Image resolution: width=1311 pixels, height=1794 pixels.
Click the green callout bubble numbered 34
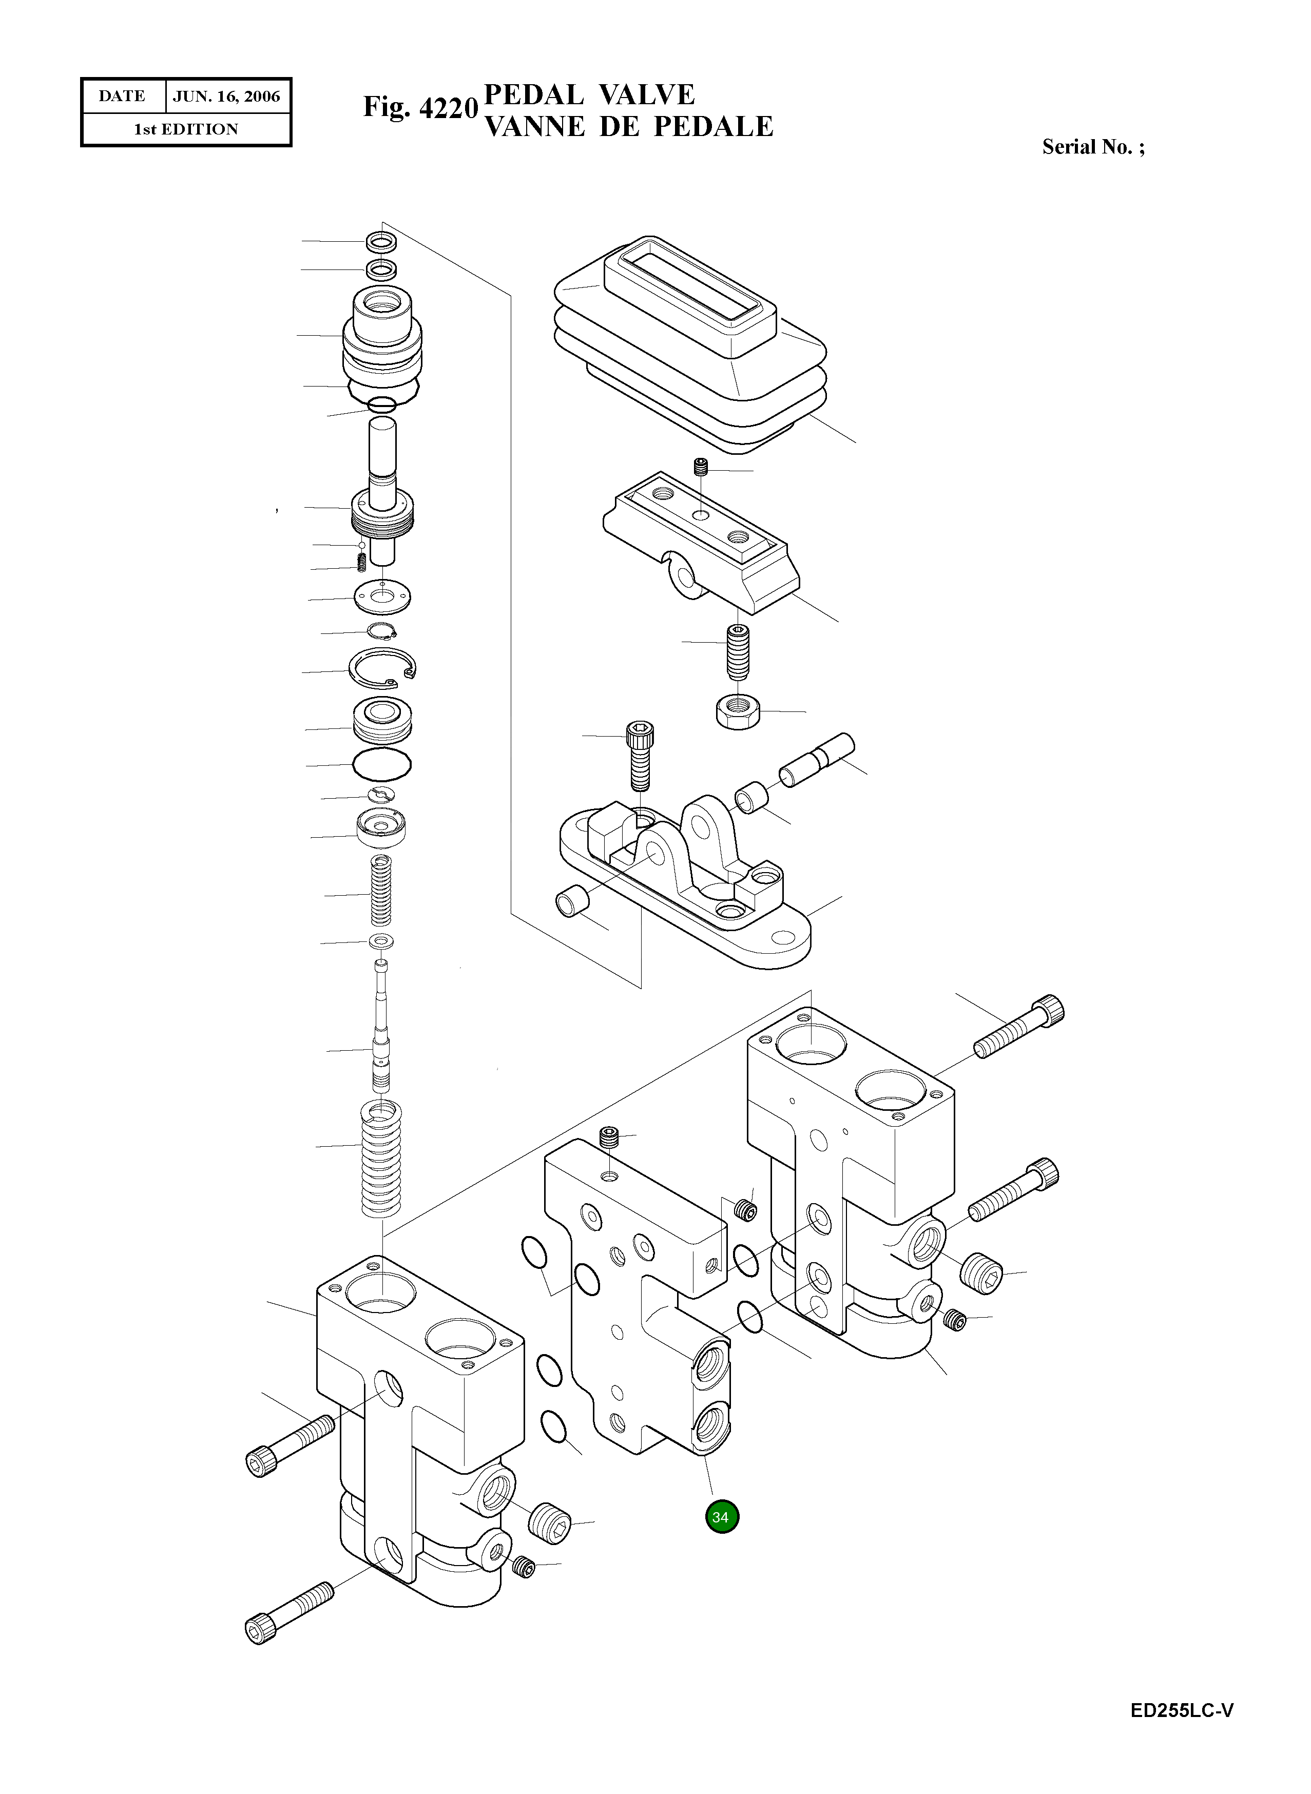tap(721, 1516)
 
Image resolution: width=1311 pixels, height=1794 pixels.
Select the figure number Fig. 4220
tap(420, 107)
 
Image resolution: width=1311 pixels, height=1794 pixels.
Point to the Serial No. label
tap(1093, 147)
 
